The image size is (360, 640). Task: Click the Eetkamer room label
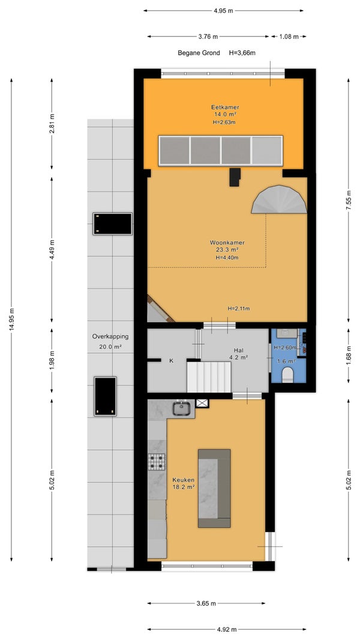(x=225, y=107)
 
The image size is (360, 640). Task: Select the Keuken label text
(x=183, y=480)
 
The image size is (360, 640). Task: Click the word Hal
(x=239, y=350)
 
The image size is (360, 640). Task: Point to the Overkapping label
(x=110, y=337)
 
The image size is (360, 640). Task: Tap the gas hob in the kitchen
(x=157, y=462)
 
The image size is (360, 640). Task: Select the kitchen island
(x=214, y=488)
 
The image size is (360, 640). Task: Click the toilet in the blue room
(x=288, y=374)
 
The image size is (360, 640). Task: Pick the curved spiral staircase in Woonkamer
(x=279, y=199)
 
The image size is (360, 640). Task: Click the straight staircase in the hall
(x=209, y=376)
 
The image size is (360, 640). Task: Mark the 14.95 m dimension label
(x=12, y=319)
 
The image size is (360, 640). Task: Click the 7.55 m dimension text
(x=349, y=199)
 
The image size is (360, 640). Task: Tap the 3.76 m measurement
(x=208, y=37)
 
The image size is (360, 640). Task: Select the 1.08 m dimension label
(x=289, y=37)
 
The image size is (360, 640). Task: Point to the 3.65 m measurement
(x=206, y=603)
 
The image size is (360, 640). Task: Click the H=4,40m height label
(x=227, y=257)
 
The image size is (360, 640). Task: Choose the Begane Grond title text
(x=199, y=53)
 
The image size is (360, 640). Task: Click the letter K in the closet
(x=171, y=361)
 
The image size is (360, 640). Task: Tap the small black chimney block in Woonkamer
(x=235, y=177)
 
